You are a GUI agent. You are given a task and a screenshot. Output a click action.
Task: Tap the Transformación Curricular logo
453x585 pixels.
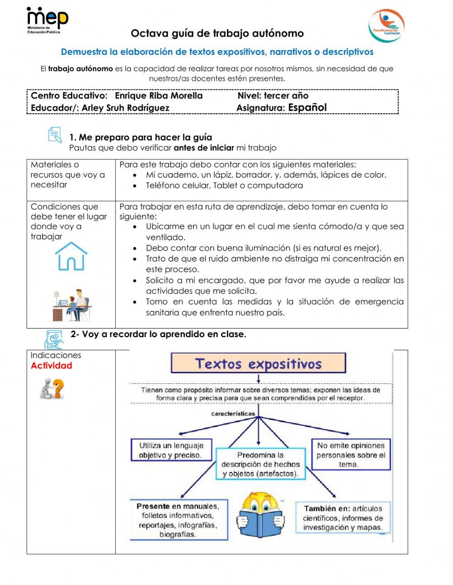(386, 26)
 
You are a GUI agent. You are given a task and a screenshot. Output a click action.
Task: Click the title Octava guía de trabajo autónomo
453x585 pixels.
(217, 34)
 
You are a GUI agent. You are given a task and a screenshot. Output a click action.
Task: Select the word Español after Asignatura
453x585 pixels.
(307, 107)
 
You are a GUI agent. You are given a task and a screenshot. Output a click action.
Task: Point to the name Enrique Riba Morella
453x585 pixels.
(159, 96)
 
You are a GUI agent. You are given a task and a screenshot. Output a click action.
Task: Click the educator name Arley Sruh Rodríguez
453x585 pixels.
(125, 108)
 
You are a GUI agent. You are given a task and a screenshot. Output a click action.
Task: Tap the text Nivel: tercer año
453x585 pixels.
(273, 96)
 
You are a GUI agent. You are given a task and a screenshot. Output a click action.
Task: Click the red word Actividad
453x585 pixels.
(51, 366)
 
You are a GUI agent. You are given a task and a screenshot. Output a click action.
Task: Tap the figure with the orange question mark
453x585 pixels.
(52, 388)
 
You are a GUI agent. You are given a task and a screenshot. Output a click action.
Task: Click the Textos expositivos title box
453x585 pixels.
(258, 363)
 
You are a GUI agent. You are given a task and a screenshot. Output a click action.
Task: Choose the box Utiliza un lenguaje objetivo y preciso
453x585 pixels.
(171, 450)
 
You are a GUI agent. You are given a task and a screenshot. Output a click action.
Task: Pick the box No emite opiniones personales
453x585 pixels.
(350, 454)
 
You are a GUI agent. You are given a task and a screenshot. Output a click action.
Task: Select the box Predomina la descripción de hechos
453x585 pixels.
(260, 464)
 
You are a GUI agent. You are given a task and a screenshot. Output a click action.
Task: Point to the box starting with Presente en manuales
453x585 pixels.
(178, 520)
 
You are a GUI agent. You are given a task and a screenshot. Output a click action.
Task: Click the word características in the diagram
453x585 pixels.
(233, 413)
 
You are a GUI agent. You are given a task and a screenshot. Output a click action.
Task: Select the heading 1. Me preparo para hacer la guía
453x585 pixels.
(140, 137)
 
